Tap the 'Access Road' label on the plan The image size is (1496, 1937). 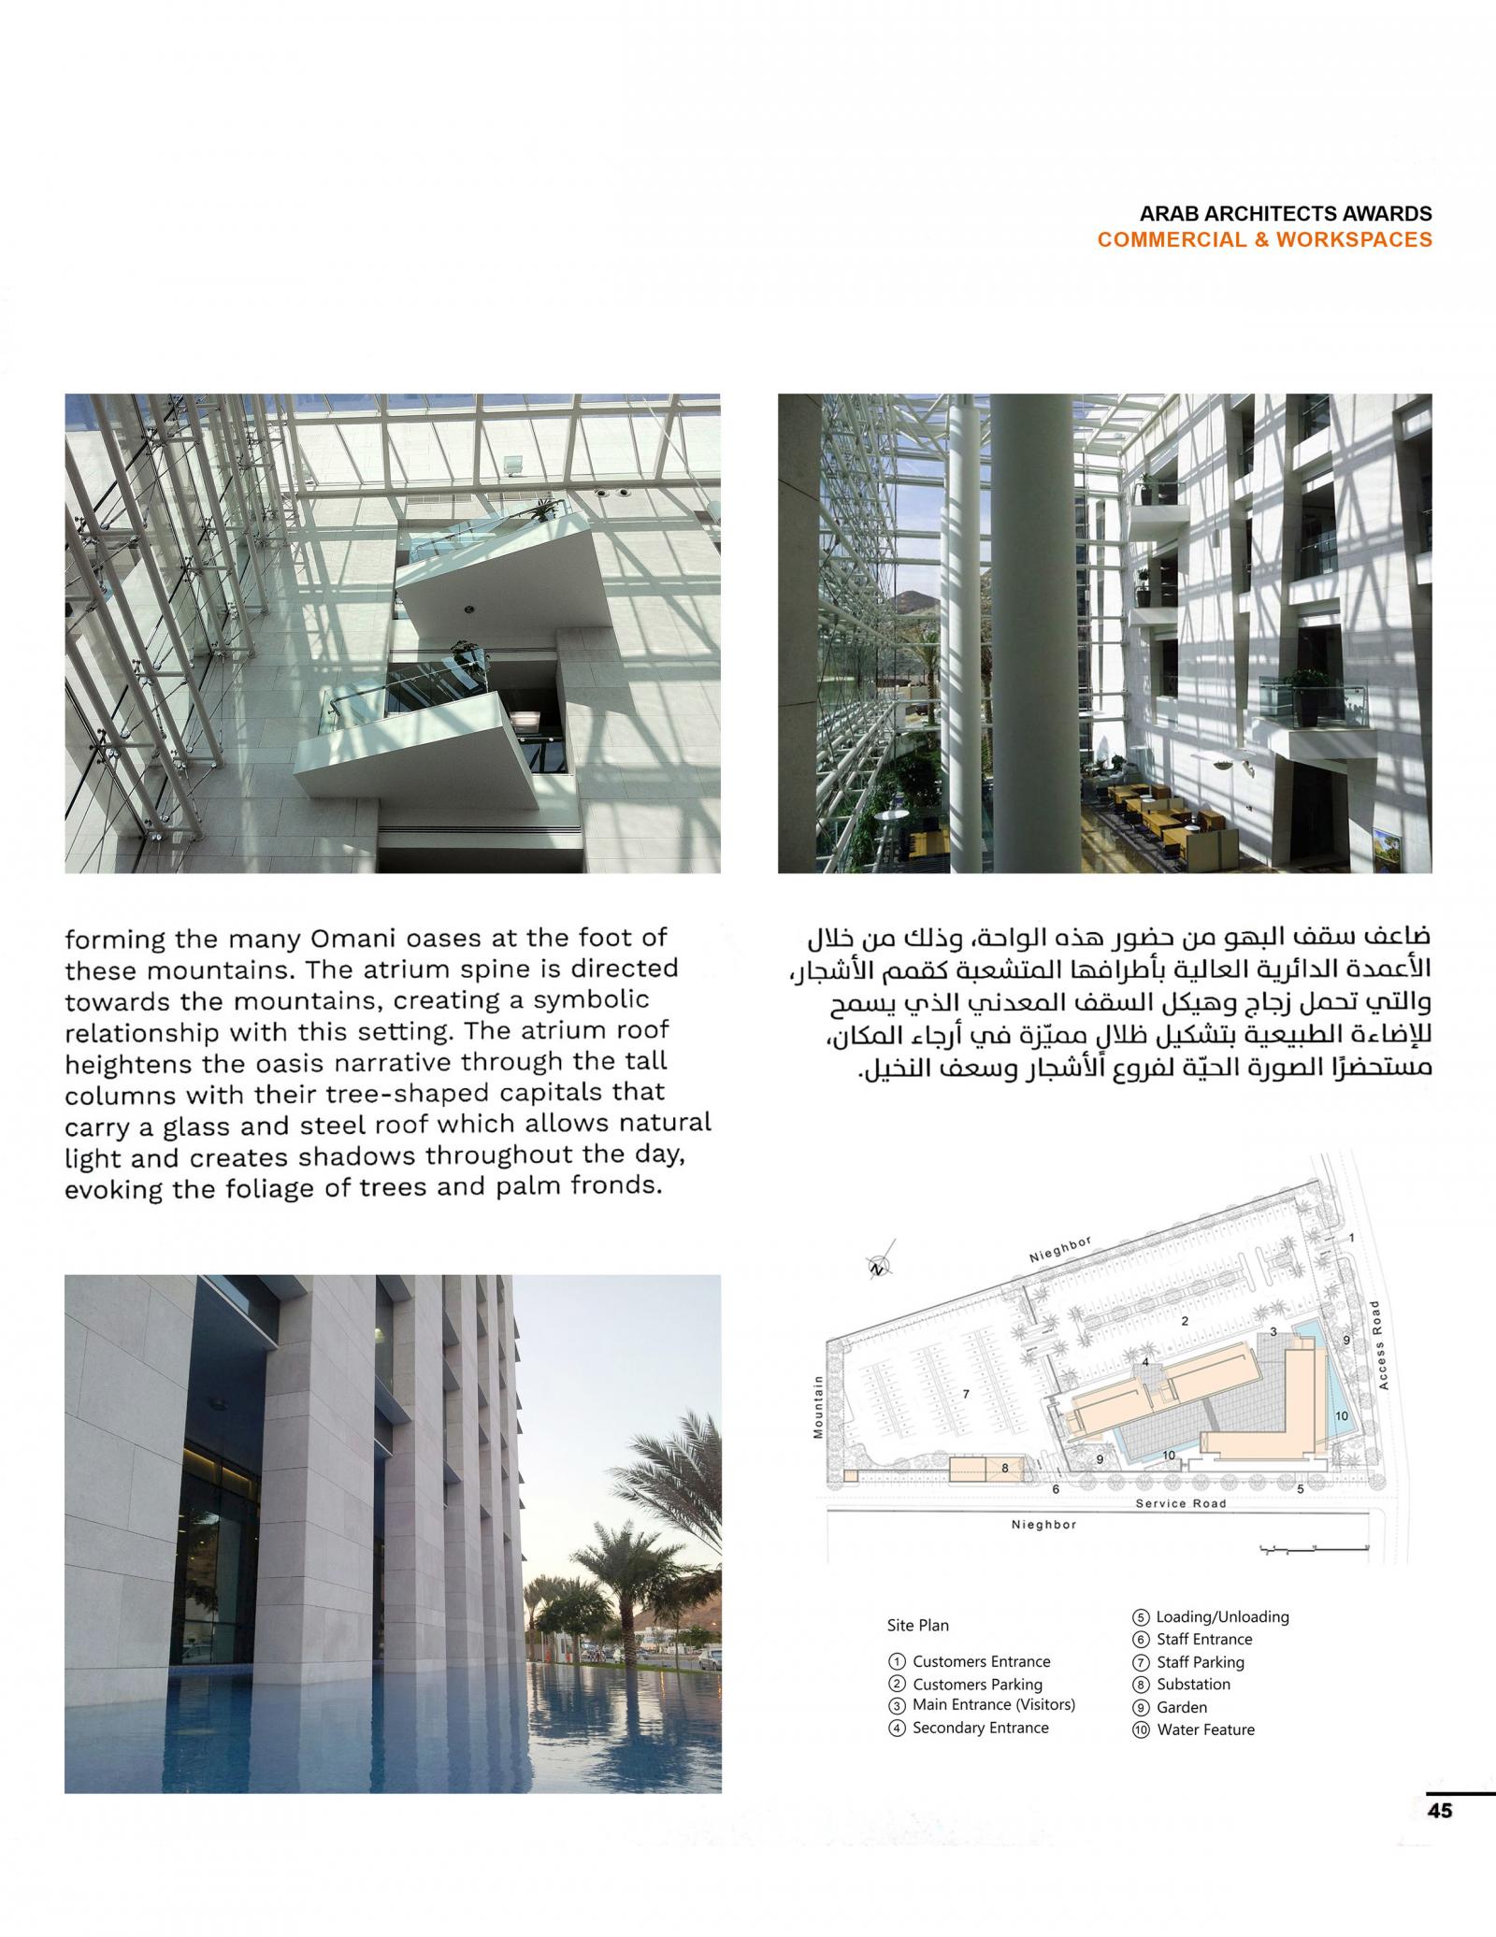(x=1383, y=1343)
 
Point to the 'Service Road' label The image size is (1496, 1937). (x=1180, y=1503)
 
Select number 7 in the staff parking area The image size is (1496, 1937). (x=966, y=1394)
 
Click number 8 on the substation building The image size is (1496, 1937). (x=1005, y=1468)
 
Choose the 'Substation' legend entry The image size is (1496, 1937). (x=1193, y=1684)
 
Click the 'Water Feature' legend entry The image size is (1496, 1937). (x=1205, y=1729)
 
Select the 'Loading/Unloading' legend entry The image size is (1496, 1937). (x=1222, y=1616)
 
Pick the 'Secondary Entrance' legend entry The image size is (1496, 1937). (x=980, y=1728)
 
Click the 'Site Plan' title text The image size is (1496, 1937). (x=917, y=1625)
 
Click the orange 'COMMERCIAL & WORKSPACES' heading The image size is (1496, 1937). (x=1264, y=239)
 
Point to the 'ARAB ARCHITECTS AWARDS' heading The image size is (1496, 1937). (x=1286, y=213)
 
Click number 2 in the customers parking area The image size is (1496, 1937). (x=1184, y=1321)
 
